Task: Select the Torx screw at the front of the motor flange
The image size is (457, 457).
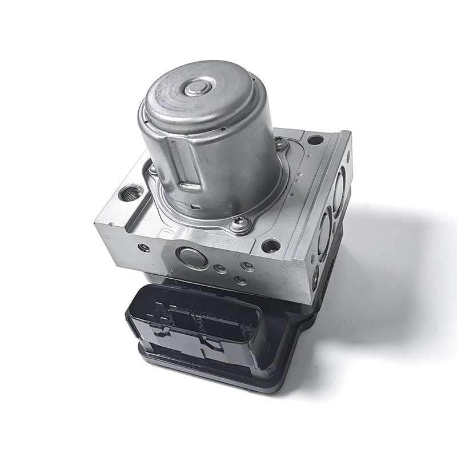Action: click(239, 224)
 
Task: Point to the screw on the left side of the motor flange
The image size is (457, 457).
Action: click(153, 169)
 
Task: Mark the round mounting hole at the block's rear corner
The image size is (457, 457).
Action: click(315, 139)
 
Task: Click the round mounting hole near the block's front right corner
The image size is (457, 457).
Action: click(271, 246)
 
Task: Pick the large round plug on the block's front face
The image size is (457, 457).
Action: click(193, 258)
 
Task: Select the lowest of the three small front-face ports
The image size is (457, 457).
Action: click(240, 280)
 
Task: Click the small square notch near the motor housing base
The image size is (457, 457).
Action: click(195, 206)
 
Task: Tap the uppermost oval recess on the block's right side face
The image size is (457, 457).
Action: click(339, 189)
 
